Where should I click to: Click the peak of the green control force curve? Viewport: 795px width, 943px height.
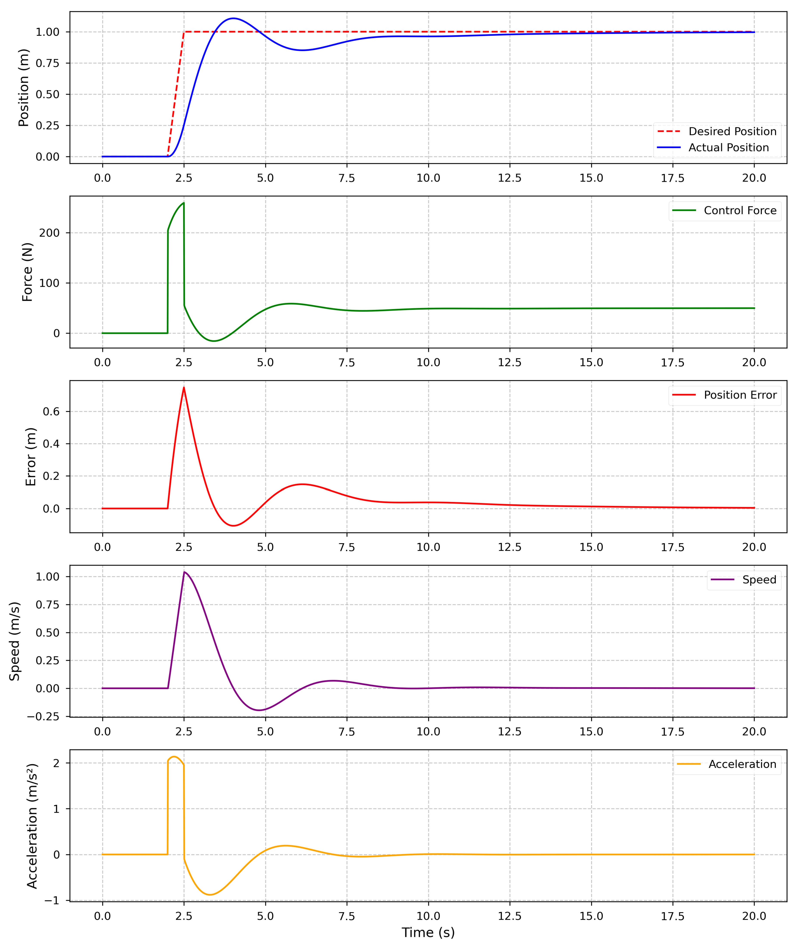183,203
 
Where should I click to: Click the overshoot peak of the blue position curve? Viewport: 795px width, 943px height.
232,19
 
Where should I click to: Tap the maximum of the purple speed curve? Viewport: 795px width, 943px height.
184,572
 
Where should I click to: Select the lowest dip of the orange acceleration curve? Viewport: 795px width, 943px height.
209,895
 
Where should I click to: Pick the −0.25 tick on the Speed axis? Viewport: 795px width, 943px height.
43,717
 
